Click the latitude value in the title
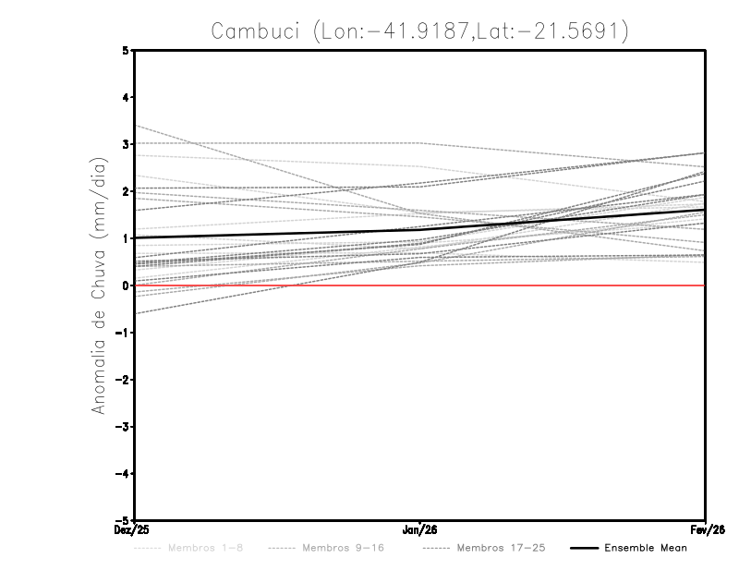click(x=559, y=31)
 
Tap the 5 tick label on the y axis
click(x=126, y=50)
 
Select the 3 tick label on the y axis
click(x=126, y=144)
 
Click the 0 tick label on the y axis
click(x=126, y=285)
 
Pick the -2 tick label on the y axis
click(x=123, y=380)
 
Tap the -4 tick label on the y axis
click(x=123, y=473)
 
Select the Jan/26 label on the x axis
click(x=420, y=529)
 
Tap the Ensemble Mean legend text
click(x=646, y=548)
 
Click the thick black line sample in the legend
click(x=583, y=548)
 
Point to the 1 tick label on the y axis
click(x=126, y=238)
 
